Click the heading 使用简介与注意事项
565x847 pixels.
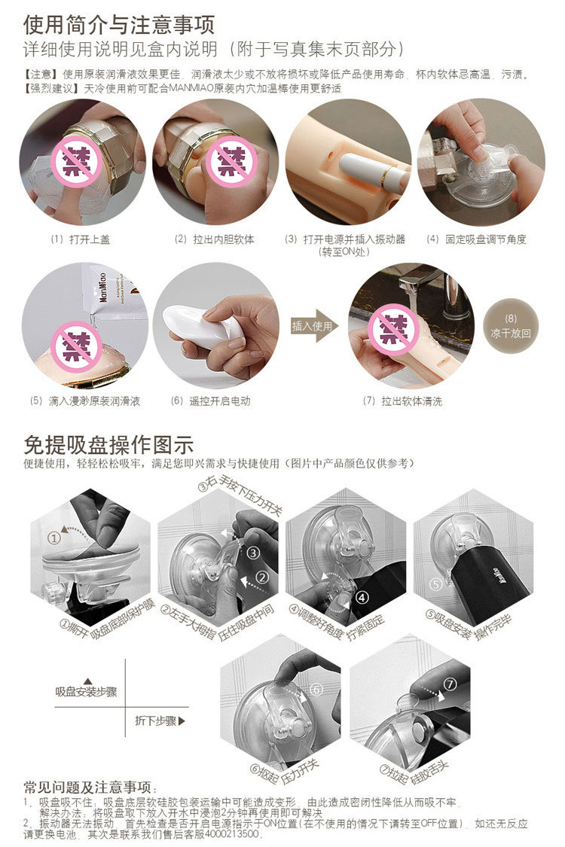(x=119, y=24)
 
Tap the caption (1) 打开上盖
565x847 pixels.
(x=80, y=239)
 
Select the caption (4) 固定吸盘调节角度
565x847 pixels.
(x=476, y=239)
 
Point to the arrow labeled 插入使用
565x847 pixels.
(x=314, y=326)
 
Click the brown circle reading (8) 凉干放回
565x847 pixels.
(x=511, y=326)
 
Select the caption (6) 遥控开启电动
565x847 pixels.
(x=210, y=401)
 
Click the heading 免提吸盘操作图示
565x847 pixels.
(x=108, y=445)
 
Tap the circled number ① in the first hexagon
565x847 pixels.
(x=53, y=538)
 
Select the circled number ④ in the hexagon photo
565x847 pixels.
(x=362, y=597)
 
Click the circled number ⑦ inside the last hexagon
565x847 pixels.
(x=450, y=684)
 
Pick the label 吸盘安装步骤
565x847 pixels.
(x=86, y=691)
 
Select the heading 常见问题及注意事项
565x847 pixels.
(x=87, y=787)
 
